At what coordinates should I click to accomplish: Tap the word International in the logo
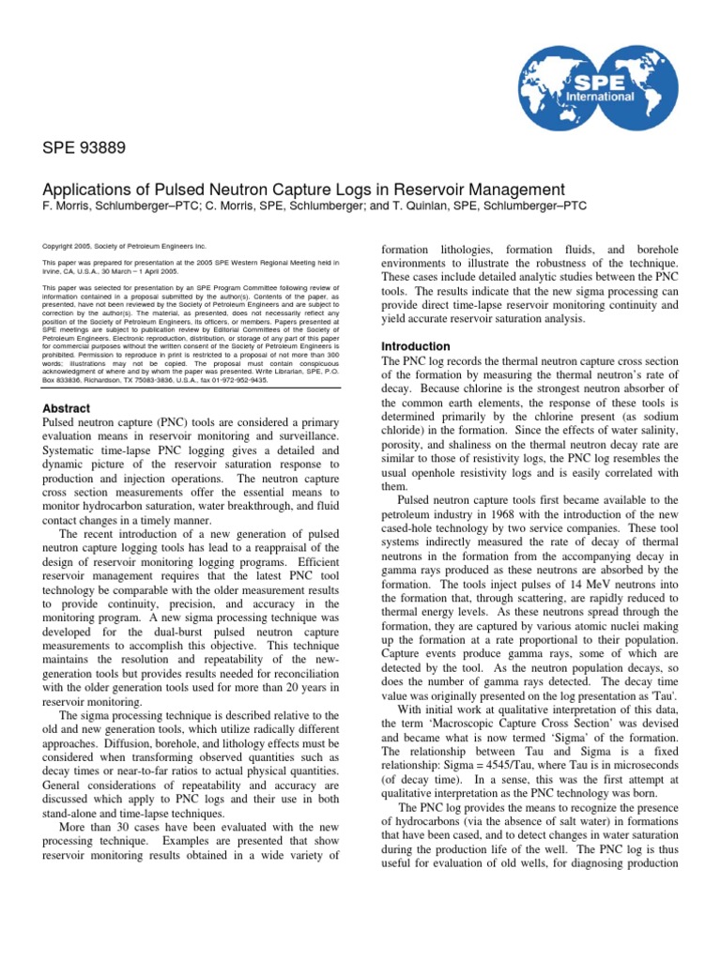coord(636,97)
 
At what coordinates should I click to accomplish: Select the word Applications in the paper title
coord(93,189)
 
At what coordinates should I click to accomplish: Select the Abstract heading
coord(67,408)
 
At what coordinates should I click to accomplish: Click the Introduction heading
coord(414,346)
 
